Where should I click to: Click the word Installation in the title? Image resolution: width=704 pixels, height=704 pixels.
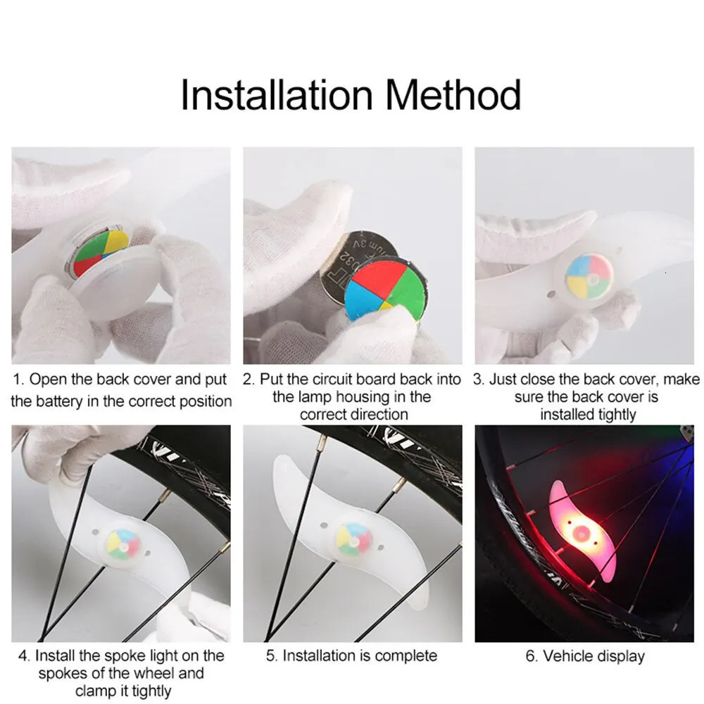pos(277,96)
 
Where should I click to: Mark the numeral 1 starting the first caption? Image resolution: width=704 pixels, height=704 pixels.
pos(18,380)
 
